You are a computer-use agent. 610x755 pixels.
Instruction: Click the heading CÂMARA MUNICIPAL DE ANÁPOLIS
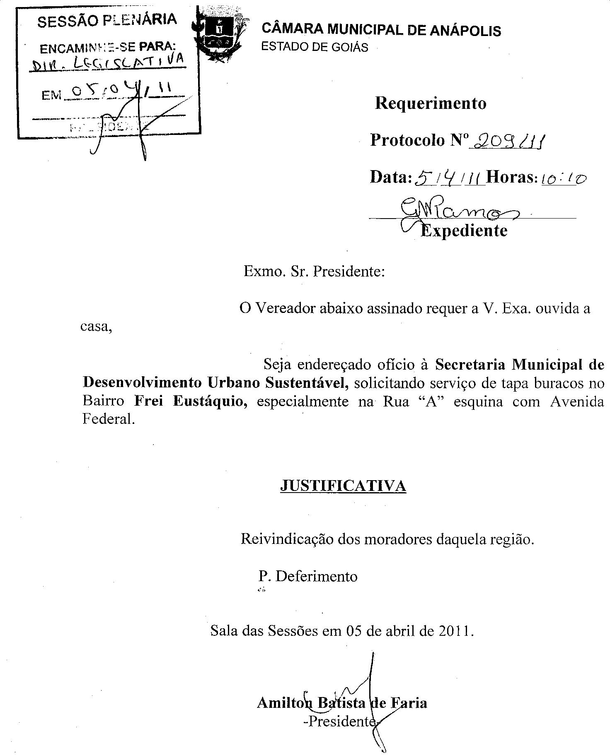(x=381, y=30)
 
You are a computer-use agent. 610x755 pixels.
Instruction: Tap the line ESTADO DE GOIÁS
(x=315, y=47)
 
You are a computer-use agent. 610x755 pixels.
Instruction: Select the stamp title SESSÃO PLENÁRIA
(x=107, y=20)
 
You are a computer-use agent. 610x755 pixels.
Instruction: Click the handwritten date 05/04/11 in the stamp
(x=120, y=91)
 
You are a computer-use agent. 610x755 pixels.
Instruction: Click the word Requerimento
(x=431, y=103)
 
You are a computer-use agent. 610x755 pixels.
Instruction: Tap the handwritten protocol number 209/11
(x=509, y=142)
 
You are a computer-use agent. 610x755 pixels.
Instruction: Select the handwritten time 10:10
(x=564, y=179)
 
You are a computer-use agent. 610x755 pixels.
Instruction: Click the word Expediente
(x=464, y=231)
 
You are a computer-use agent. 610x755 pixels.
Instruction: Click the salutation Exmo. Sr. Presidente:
(x=314, y=272)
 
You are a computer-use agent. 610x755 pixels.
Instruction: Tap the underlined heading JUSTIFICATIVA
(x=343, y=486)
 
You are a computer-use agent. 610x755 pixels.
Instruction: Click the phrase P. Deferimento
(x=308, y=576)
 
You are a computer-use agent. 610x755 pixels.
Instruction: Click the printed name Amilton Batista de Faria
(x=342, y=703)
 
